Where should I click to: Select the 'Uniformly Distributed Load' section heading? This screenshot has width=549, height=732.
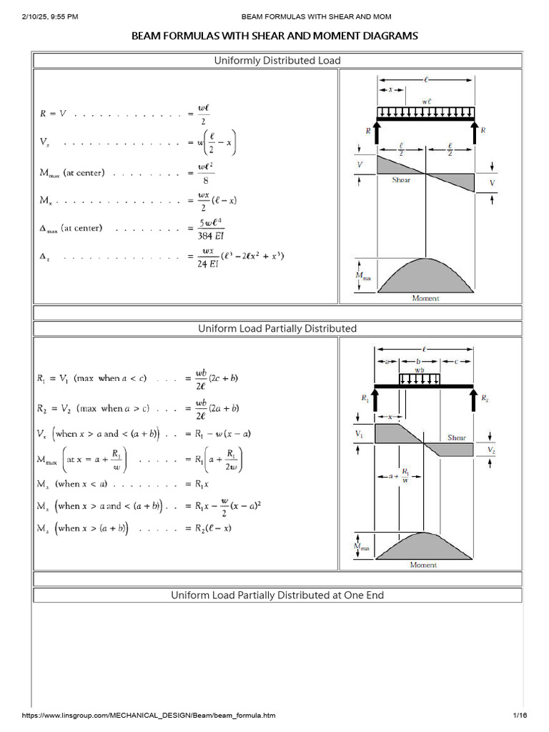277,61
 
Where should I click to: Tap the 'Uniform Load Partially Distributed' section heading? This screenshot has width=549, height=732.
277,328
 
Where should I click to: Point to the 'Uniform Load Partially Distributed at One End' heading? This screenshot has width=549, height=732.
277,595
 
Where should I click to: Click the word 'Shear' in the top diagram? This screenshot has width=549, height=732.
401,180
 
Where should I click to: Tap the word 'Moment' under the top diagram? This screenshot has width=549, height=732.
425,298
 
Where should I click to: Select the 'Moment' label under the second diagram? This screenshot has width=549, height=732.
423,565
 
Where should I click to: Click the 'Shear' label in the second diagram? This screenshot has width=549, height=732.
457,437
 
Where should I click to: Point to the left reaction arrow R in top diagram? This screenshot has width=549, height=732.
377,132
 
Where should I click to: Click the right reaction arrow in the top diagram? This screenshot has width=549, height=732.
474,132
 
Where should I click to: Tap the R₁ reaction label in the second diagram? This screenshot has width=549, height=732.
365,397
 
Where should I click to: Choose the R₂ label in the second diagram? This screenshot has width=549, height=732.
485,397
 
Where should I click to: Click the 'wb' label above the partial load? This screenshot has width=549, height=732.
420,371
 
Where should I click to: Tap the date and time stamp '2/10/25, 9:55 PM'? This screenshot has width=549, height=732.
50,16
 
